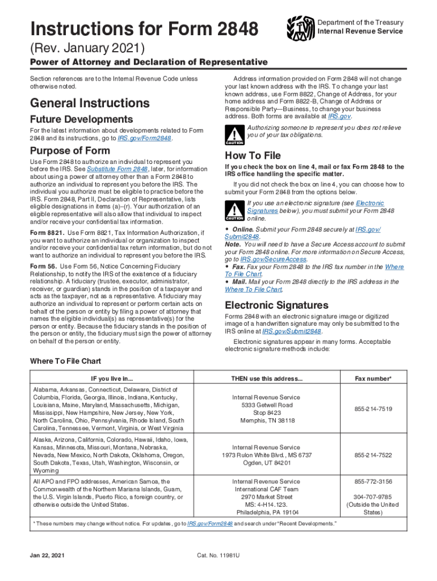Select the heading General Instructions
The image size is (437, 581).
(x=90, y=103)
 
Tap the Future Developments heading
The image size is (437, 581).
(x=81, y=119)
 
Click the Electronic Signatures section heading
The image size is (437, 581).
(x=276, y=305)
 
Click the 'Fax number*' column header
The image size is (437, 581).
(x=373, y=378)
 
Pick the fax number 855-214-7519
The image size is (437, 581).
(x=373, y=409)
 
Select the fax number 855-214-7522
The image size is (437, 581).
(x=373, y=455)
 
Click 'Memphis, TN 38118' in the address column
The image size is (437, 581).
(x=266, y=421)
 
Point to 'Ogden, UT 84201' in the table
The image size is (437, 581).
(x=266, y=463)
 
